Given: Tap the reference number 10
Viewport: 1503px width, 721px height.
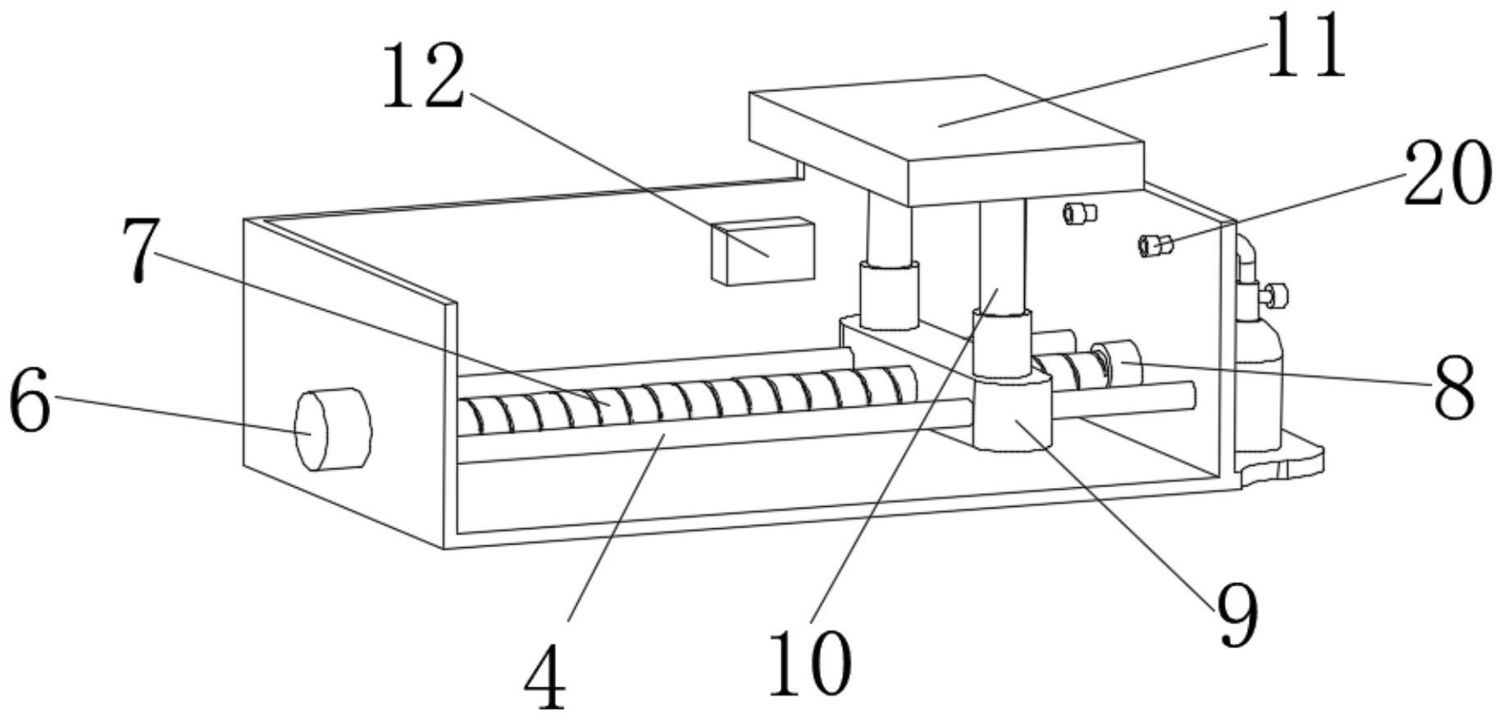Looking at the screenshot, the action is coord(810,663).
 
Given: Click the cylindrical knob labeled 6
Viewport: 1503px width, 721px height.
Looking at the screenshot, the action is coord(333,429).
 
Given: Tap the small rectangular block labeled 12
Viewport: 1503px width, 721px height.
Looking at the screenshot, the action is coord(764,251).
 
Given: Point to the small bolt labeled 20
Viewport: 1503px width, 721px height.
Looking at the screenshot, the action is coord(1155,244).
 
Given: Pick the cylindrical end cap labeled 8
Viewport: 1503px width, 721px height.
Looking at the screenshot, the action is coord(1117,363).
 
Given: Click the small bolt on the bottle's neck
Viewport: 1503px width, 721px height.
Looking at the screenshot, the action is coord(1276,294).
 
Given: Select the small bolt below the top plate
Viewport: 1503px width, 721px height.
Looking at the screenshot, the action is coord(1079,213).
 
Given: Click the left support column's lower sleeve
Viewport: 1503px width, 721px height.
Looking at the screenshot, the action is coord(888,294).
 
